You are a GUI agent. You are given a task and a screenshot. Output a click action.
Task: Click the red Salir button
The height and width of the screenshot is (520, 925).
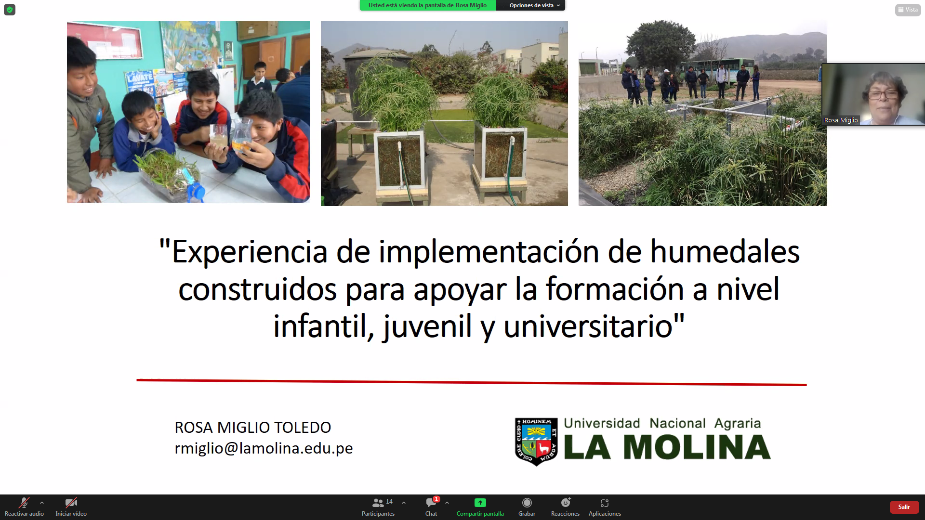[904, 507]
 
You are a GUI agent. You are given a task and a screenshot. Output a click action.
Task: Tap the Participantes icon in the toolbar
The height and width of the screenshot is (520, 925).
[378, 503]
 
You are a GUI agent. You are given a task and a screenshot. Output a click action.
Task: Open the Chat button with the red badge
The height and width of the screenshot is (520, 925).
[431, 503]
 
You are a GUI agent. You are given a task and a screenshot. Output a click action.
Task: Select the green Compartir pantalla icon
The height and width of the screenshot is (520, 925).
[480, 503]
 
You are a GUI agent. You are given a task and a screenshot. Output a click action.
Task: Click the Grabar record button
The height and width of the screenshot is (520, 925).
[527, 503]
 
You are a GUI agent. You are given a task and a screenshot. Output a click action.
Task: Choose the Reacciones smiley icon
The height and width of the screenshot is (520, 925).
[566, 503]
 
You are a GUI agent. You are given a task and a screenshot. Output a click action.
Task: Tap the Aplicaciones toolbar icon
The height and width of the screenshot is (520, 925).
[605, 503]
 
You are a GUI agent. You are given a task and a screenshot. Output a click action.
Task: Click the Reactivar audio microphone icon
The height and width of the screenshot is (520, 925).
[24, 503]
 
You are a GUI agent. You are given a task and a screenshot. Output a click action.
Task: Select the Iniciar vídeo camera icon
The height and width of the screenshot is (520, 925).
[71, 503]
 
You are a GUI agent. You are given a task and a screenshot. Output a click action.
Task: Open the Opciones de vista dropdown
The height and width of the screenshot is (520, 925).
[534, 5]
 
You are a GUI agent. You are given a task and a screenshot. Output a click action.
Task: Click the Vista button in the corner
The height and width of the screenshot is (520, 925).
[908, 10]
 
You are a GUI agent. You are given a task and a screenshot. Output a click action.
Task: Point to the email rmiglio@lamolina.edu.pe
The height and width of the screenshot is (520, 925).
[264, 448]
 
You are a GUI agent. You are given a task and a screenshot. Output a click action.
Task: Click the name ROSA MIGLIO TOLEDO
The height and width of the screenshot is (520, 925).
[253, 427]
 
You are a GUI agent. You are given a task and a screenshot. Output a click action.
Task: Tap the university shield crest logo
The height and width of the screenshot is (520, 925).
[536, 442]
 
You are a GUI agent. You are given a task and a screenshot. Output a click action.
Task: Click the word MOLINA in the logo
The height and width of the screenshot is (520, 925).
[697, 447]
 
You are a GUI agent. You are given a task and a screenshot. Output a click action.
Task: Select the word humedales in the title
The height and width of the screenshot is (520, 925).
[725, 251]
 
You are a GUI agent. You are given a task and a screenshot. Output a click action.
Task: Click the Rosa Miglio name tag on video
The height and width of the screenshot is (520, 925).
[841, 120]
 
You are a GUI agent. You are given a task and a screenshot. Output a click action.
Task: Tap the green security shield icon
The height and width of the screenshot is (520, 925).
[10, 10]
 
